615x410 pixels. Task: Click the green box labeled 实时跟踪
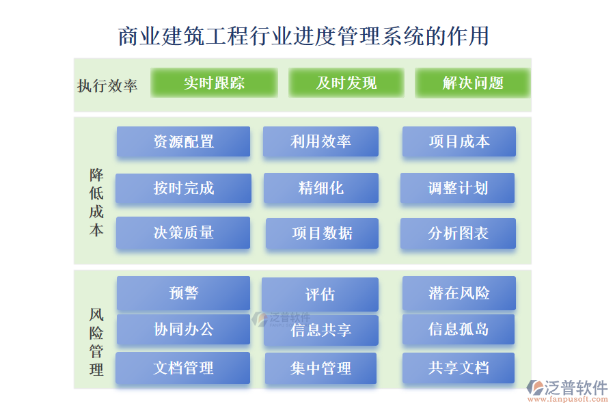coord(214,83)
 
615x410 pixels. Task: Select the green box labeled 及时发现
coord(346,83)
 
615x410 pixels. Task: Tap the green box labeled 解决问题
coord(472,83)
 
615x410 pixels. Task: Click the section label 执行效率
coord(107,85)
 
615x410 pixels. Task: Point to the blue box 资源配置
coord(183,141)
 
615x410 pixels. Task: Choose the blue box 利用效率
coord(320,141)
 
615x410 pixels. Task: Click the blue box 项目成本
coord(459,141)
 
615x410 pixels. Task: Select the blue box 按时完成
coord(183,188)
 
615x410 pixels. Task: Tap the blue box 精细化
coord(320,188)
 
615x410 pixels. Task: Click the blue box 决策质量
coord(183,233)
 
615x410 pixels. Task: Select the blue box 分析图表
coord(458,234)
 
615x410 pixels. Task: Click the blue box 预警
coord(183,293)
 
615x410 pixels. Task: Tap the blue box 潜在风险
coord(459,293)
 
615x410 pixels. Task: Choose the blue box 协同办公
coord(183,329)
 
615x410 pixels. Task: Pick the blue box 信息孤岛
coord(459,329)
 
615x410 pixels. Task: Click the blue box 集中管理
coord(320,368)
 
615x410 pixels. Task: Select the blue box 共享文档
coord(459,368)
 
